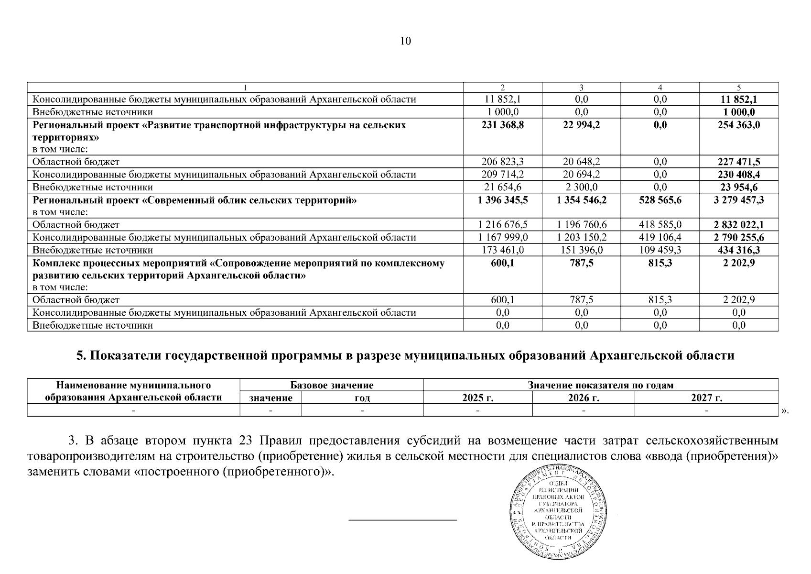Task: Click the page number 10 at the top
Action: click(405, 41)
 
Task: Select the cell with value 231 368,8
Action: click(502, 125)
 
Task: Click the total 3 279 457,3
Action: click(738, 200)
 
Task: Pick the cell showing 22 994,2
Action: click(581, 125)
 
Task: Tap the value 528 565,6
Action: click(660, 200)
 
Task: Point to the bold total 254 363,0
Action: click(738, 125)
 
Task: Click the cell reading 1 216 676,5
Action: click(502, 224)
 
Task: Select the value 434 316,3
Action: click(738, 250)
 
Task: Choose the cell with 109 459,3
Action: click(660, 250)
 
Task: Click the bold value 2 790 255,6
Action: click(738, 237)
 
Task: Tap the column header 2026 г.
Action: click(584, 398)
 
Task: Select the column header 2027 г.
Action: click(706, 398)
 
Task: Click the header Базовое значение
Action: click(332, 385)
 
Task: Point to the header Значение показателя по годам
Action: click(600, 385)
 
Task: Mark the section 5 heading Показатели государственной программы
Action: click(405, 356)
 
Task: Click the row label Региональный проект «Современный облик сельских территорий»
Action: click(195, 200)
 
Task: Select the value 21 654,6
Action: click(502, 187)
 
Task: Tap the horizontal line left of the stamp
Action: click(403, 519)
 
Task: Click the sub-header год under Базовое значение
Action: click(362, 398)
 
